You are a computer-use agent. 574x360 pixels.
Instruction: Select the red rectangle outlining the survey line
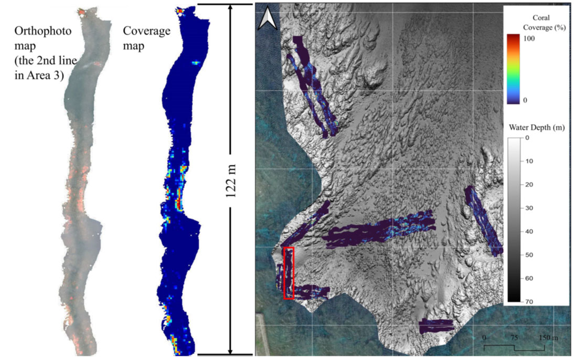[288, 273]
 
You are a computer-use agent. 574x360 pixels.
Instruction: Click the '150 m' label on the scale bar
[546, 336]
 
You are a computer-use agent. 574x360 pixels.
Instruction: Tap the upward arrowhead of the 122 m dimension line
[230, 9]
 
